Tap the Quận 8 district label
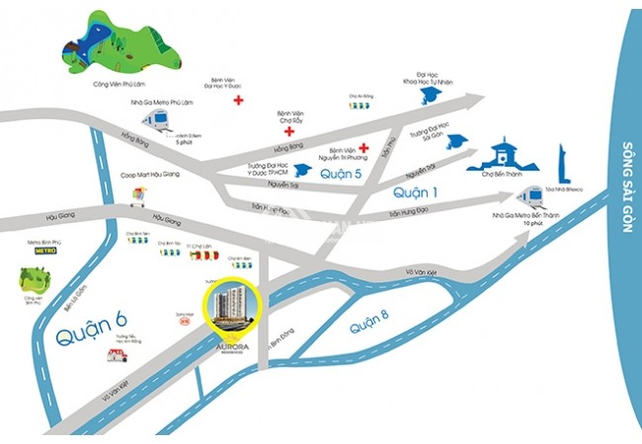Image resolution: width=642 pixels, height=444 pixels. coord(367,323)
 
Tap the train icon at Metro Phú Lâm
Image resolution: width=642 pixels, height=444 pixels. coord(159,119)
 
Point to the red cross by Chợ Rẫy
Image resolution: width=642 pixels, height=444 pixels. coord(288,131)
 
